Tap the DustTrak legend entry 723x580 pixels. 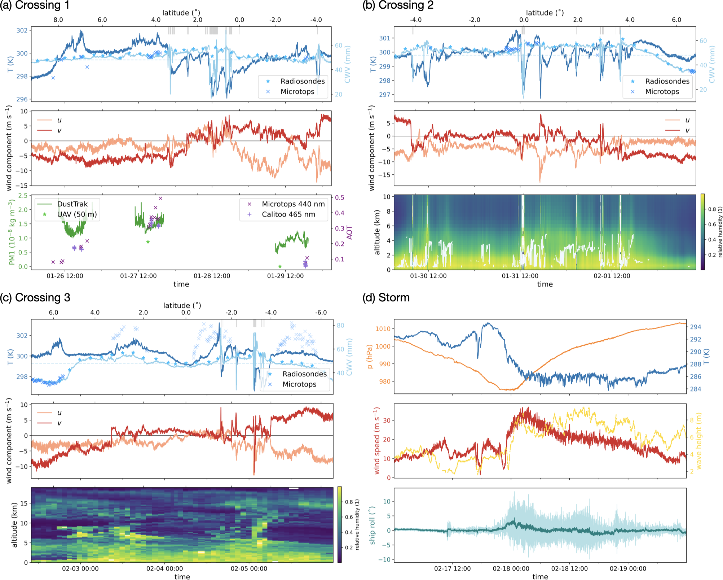click(72, 204)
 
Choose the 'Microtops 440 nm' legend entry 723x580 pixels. click(293, 204)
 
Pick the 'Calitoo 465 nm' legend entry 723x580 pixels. click(288, 214)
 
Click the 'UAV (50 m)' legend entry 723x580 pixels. click(77, 214)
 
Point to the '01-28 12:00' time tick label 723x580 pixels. click(212, 276)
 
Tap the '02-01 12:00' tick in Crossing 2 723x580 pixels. click(612, 276)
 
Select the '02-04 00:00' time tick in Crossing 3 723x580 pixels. click(164, 569)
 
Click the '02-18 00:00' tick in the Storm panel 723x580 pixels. click(511, 569)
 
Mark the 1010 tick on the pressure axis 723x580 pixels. click(383, 329)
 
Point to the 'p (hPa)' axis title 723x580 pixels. click(369, 357)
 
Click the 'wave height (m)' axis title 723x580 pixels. click(699, 441)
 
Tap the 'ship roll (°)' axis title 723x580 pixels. click(372, 525)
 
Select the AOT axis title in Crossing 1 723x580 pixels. click(349, 232)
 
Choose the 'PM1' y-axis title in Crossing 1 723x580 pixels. click(12, 232)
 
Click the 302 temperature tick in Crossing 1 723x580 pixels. click(22, 31)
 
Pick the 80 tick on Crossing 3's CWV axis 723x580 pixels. click(340, 326)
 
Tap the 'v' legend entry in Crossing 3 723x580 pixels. click(59, 423)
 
